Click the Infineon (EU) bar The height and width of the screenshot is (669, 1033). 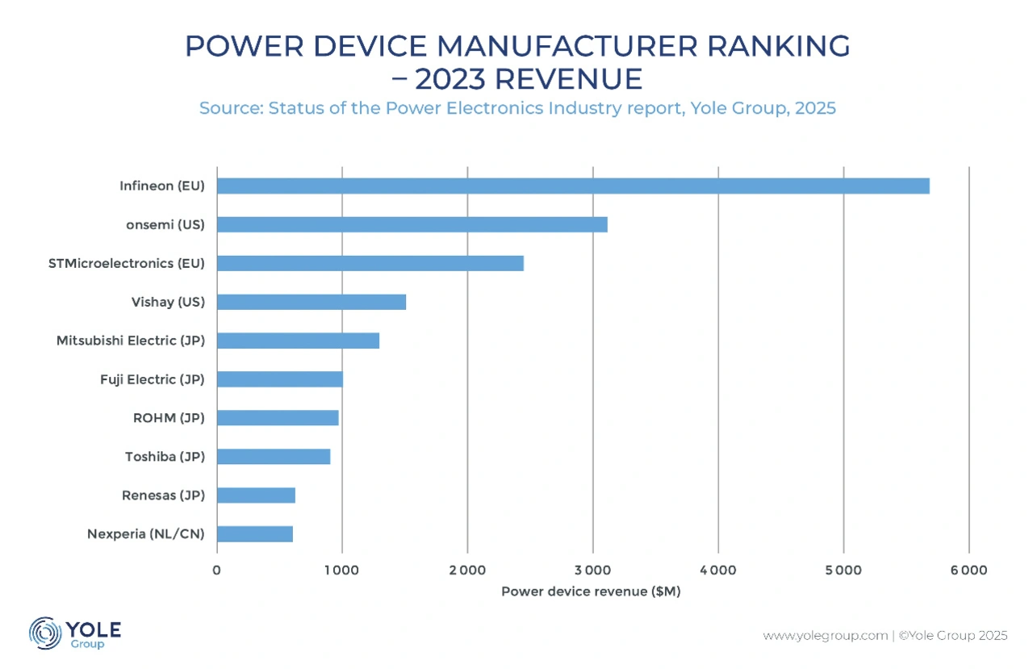573,186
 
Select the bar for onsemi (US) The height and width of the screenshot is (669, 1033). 412,224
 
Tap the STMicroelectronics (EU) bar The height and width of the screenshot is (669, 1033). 370,263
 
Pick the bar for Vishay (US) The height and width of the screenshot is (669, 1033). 311,302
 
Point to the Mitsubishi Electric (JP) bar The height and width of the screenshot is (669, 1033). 298,341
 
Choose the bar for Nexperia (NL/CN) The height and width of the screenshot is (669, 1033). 254,534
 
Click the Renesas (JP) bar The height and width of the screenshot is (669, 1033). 256,495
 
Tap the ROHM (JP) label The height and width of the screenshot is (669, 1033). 169,418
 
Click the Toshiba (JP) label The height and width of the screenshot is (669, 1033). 165,457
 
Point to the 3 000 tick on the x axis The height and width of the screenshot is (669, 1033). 592,571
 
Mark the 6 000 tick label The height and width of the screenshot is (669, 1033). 968,571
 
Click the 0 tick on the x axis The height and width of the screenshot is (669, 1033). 216,571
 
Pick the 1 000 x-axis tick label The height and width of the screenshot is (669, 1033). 341,571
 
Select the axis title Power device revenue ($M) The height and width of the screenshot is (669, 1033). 591,592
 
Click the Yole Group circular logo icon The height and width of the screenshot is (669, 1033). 44,633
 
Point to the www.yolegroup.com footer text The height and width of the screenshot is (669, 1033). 825,636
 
